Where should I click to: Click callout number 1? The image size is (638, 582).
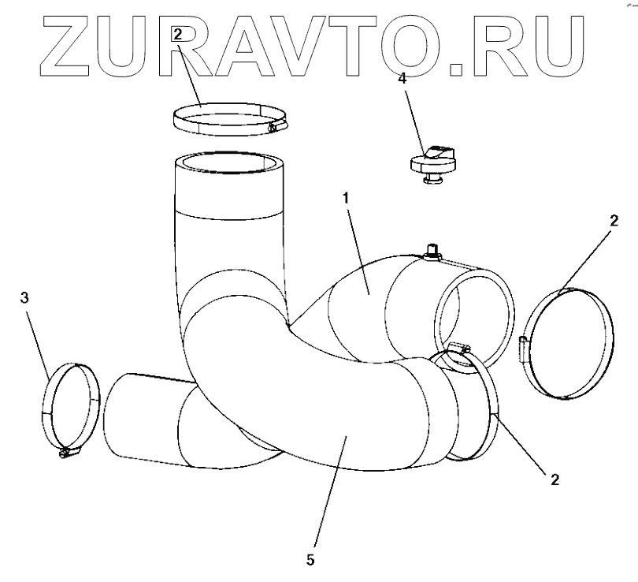[345, 198]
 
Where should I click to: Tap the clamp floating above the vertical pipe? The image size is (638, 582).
[228, 118]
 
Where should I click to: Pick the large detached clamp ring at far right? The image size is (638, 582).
[566, 342]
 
